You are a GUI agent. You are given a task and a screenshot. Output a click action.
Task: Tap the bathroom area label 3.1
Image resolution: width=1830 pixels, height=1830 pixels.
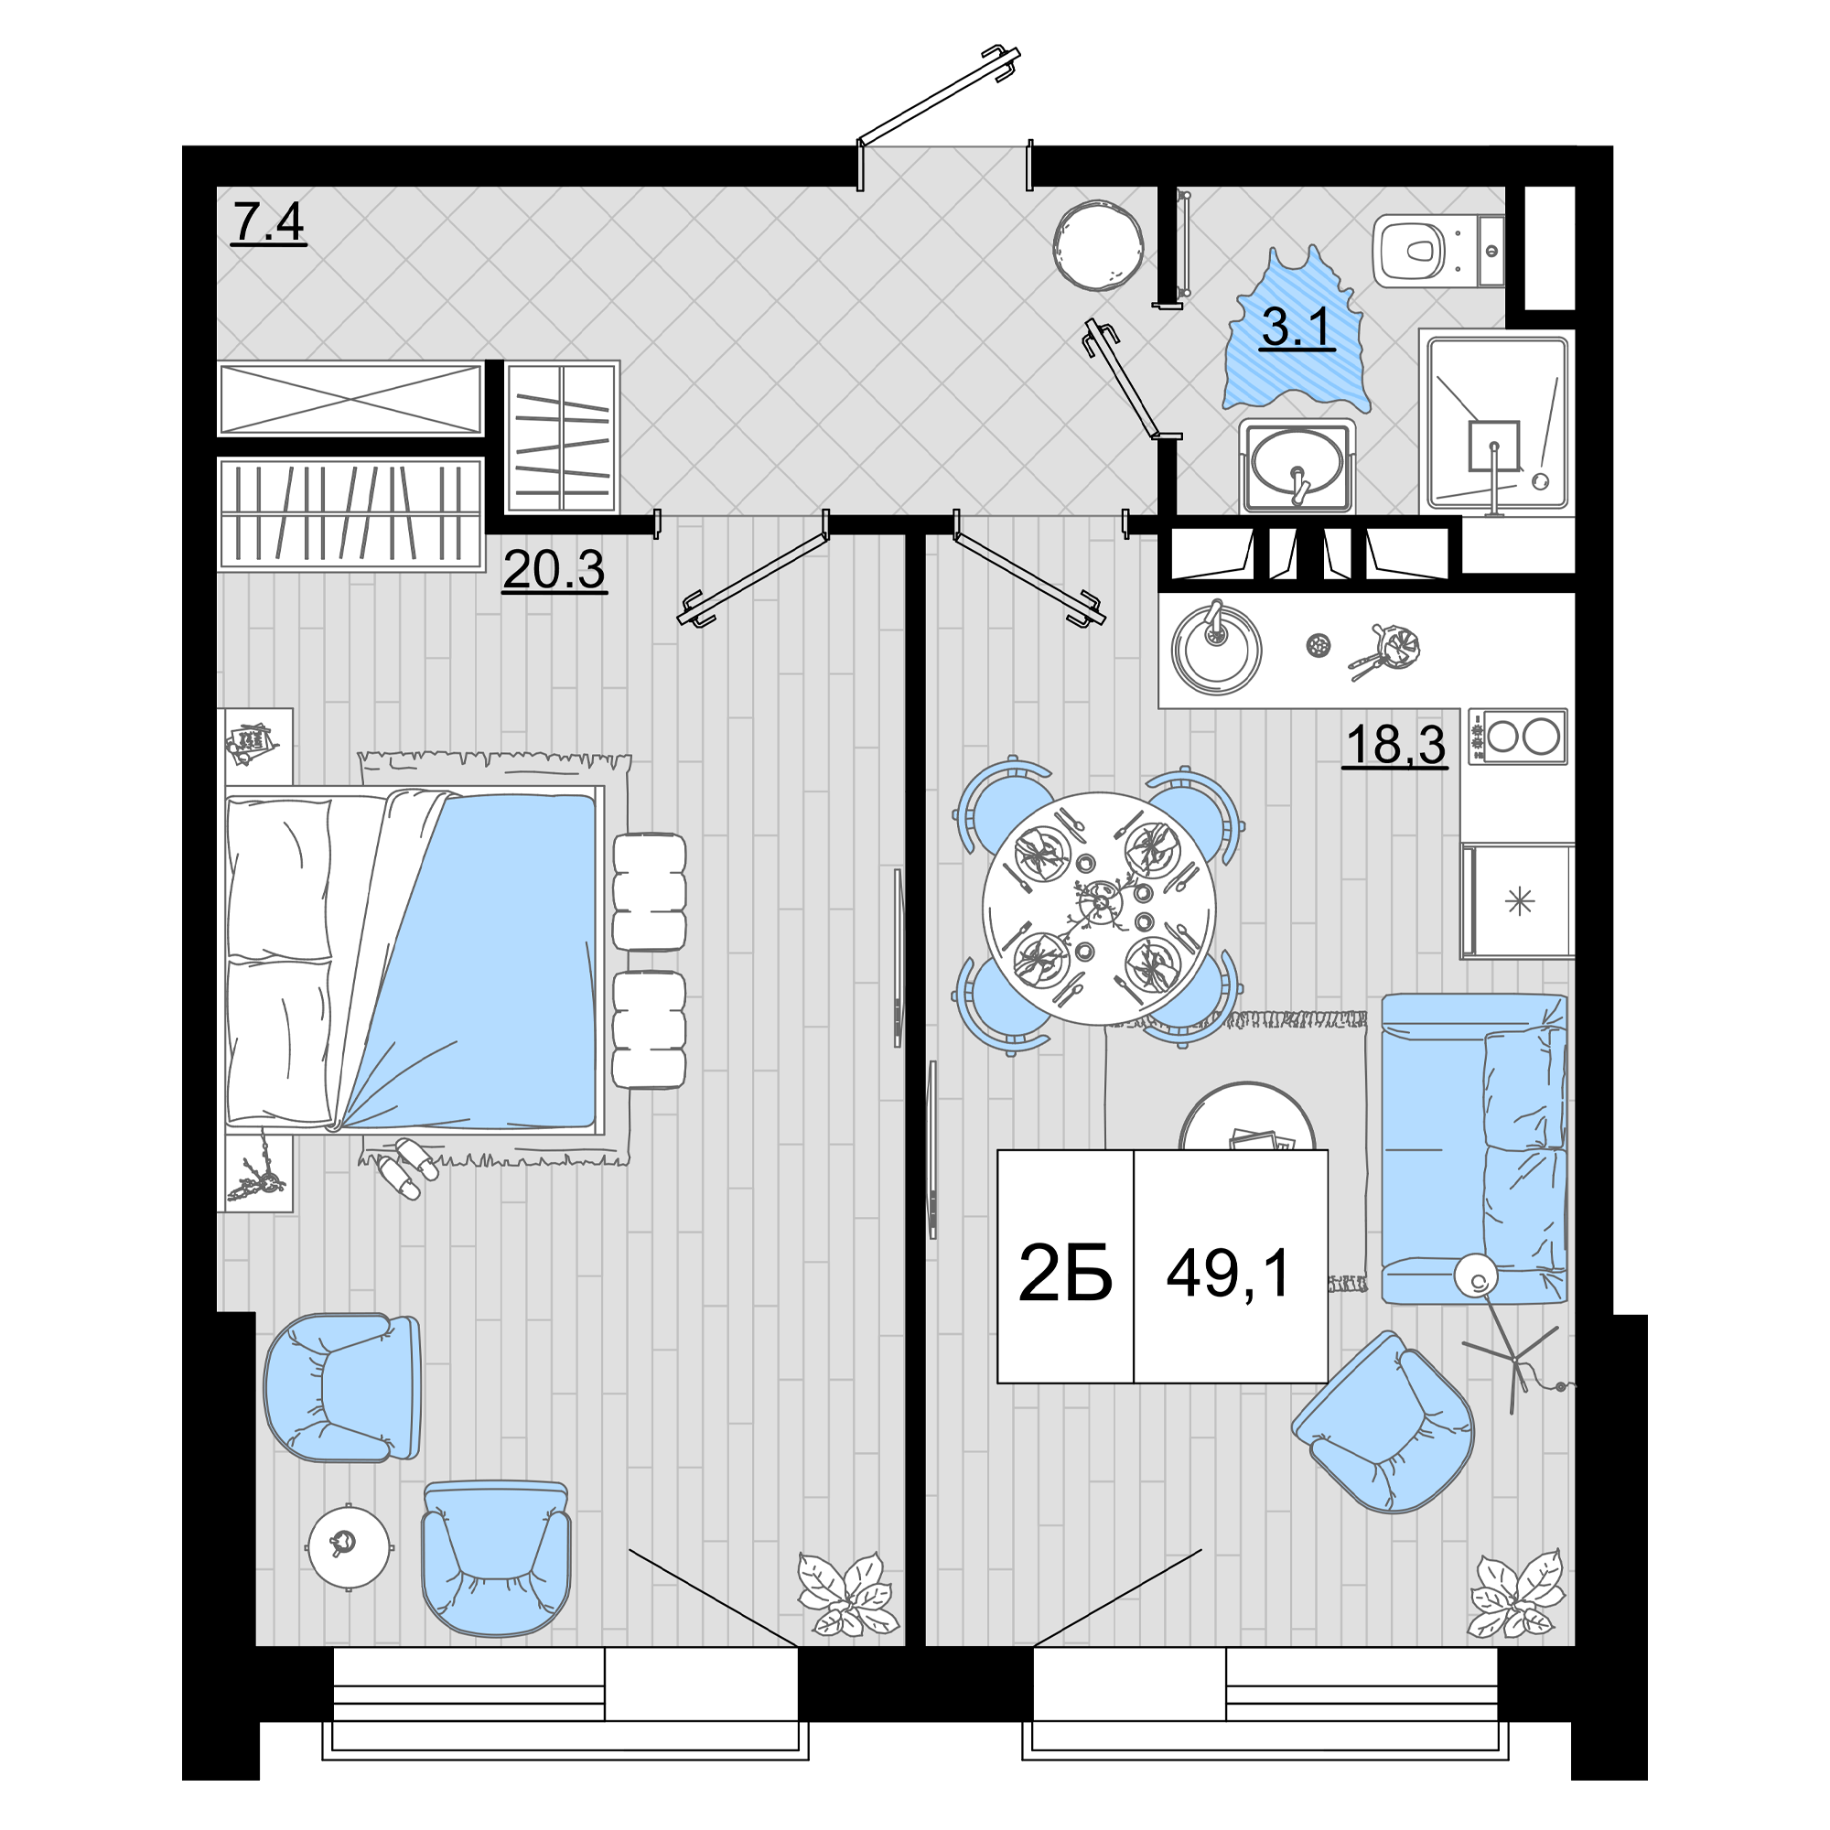click(x=1297, y=327)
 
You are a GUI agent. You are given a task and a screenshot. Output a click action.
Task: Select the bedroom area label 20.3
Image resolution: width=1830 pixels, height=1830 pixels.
click(x=554, y=569)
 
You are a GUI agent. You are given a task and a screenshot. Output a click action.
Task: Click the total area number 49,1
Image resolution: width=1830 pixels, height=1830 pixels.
click(x=1229, y=1273)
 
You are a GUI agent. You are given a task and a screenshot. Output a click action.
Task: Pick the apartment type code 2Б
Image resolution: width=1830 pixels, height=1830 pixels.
click(x=1065, y=1273)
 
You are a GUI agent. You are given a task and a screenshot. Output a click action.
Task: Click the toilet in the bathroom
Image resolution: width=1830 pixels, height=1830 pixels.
click(x=1437, y=251)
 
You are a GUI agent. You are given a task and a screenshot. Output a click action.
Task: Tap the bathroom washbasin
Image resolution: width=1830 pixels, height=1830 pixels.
click(x=1297, y=464)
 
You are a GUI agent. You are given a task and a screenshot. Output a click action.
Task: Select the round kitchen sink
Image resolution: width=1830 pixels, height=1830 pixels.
click(x=1216, y=649)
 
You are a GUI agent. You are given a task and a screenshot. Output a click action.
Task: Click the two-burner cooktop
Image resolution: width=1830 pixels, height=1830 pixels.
click(x=1517, y=736)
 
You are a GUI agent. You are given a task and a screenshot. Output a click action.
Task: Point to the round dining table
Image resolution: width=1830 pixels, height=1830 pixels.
click(x=1098, y=909)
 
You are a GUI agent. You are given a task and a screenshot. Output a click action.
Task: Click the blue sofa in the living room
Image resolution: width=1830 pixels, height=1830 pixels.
click(x=1474, y=1148)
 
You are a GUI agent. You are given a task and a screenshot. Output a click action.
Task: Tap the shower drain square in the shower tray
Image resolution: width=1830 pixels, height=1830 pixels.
click(x=1494, y=447)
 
